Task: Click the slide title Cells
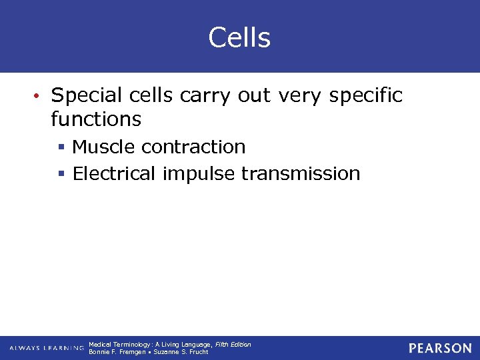pos(239,37)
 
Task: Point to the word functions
pos(96,119)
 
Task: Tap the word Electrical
pos(114,174)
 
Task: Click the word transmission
pos(301,174)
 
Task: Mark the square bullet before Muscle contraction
pos(61,147)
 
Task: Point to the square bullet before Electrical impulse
pos(61,175)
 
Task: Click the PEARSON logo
pos(440,348)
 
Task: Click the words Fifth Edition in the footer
pos(233,344)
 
